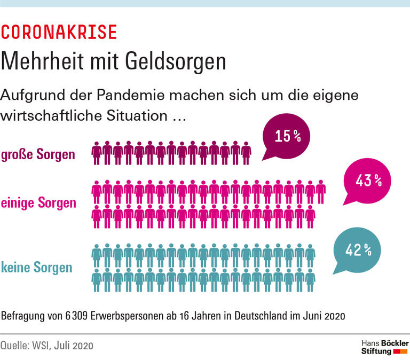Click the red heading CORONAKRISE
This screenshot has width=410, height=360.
[x=59, y=33]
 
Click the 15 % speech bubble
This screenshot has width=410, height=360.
[x=287, y=137]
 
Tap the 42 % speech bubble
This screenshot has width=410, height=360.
[x=357, y=249]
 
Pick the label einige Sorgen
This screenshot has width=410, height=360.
[x=38, y=204]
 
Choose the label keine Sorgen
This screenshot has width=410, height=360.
[x=37, y=267]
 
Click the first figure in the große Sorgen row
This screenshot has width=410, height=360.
[x=97, y=153]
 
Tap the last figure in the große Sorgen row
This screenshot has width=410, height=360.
[x=246, y=153]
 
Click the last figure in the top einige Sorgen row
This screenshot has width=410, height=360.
[x=320, y=191]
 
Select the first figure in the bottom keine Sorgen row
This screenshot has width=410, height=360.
[x=97, y=280]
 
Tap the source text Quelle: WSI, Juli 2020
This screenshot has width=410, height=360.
[x=47, y=346]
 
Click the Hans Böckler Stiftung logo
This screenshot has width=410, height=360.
[x=384, y=346]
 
